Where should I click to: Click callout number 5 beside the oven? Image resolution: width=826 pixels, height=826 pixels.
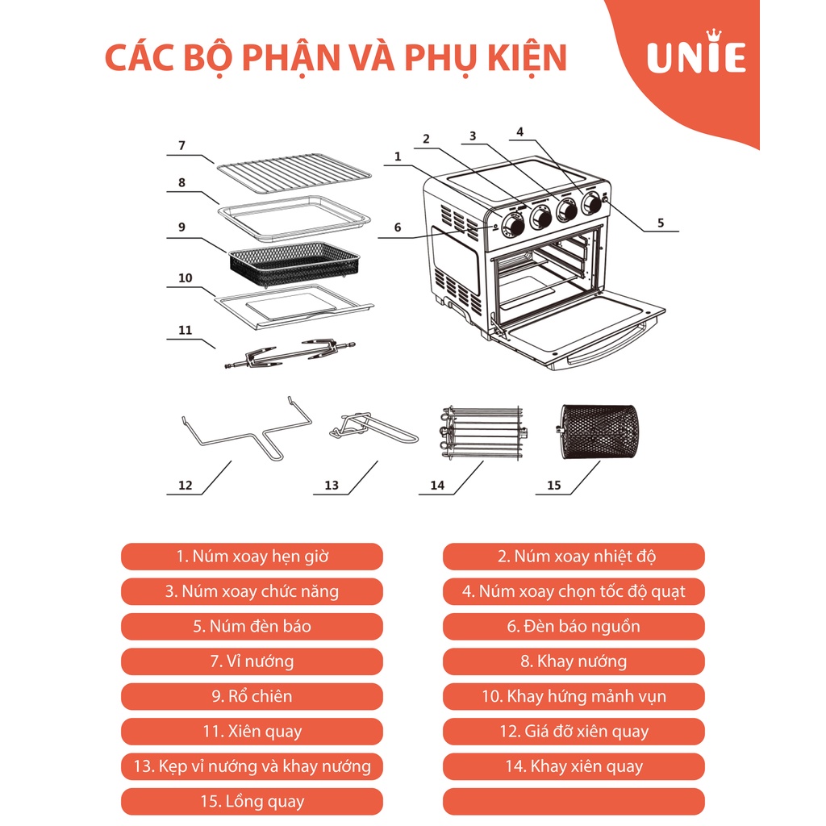click(x=661, y=223)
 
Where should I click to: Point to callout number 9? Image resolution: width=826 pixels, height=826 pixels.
click(x=182, y=227)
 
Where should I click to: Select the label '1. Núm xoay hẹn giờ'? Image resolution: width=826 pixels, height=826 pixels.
click(x=252, y=557)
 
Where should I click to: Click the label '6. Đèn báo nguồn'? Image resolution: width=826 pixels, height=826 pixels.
click(x=574, y=627)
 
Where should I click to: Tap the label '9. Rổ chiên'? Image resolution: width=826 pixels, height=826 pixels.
click(x=252, y=696)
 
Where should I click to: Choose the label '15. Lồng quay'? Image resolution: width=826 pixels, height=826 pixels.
click(x=252, y=802)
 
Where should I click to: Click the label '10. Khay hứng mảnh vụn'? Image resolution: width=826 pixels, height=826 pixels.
click(x=574, y=696)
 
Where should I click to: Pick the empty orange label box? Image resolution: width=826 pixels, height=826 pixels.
click(x=574, y=802)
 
